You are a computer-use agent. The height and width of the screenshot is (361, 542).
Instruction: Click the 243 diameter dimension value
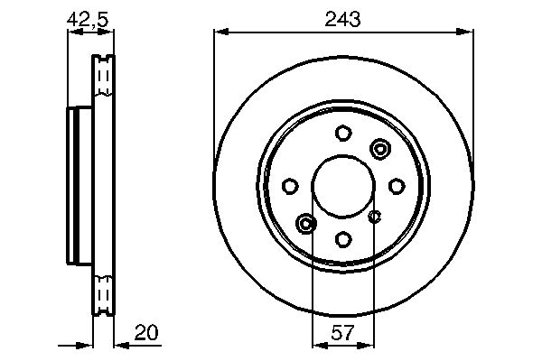click(x=342, y=19)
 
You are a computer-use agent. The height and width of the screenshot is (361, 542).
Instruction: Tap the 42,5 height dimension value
click(x=88, y=19)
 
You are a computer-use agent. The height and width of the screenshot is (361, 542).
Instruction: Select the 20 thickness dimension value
click(x=146, y=332)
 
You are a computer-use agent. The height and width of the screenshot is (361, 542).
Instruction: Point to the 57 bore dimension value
click(x=343, y=333)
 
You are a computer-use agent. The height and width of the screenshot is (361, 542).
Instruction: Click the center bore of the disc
click(x=343, y=187)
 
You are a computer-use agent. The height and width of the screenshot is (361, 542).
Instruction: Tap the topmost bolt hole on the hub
click(x=343, y=133)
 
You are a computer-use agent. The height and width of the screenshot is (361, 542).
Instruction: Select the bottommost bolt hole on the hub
click(x=343, y=239)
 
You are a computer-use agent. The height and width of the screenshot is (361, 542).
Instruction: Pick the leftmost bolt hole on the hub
click(x=290, y=186)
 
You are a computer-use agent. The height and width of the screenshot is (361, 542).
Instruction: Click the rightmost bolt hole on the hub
click(x=397, y=186)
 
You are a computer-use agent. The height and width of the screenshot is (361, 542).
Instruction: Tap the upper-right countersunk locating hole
click(x=380, y=149)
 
